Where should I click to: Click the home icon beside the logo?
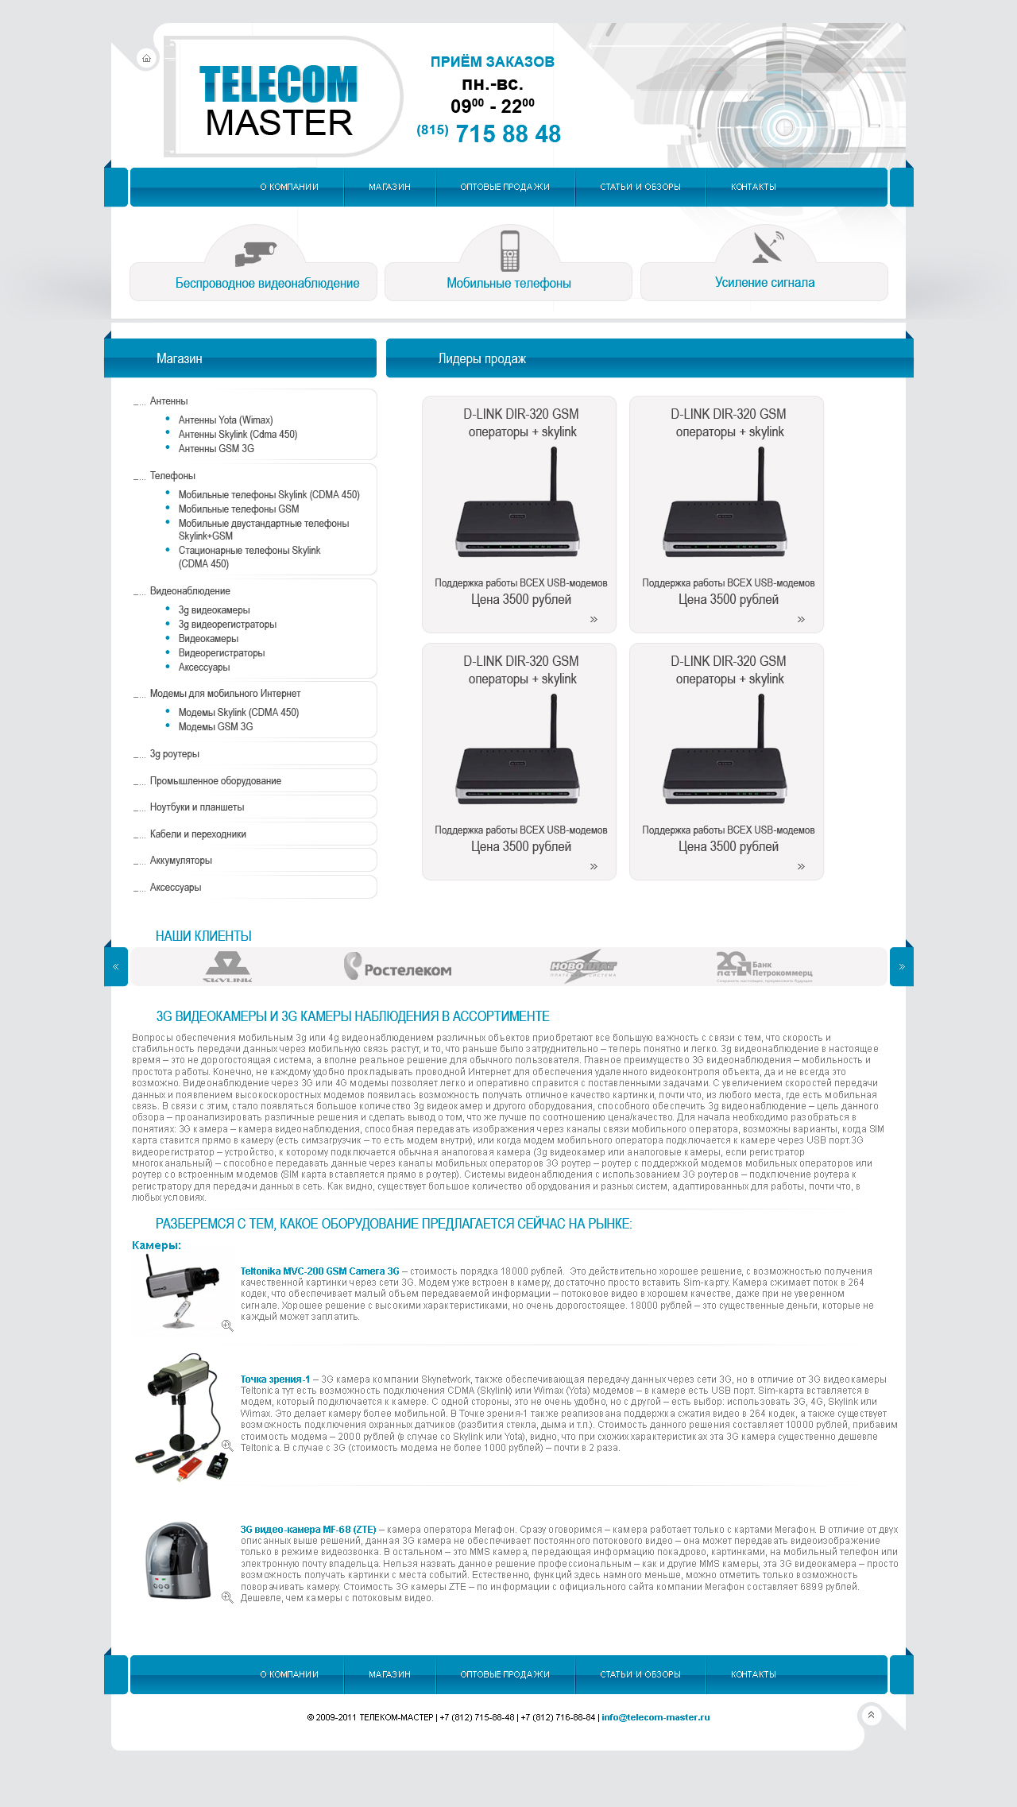tap(146, 58)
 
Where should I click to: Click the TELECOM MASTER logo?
tap(278, 101)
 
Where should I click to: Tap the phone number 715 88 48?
tap(508, 133)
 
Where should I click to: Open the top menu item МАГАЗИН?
tap(389, 187)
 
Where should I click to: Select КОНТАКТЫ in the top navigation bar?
tap(753, 187)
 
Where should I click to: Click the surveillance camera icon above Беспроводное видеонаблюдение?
tap(255, 253)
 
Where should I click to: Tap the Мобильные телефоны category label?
tap(508, 284)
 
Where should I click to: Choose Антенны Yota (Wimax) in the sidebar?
tap(226, 420)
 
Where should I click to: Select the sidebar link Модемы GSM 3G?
tap(215, 727)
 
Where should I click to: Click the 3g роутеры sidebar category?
tap(175, 754)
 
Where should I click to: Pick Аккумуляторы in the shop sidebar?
tap(181, 861)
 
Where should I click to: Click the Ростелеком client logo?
tap(397, 967)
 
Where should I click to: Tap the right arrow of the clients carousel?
tap(902, 967)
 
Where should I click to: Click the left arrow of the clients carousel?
tap(116, 967)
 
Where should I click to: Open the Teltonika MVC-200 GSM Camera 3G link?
tap(319, 1271)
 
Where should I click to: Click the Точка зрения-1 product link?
tap(275, 1379)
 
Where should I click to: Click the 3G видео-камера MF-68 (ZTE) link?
tap(308, 1530)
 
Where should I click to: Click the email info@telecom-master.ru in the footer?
tap(655, 1717)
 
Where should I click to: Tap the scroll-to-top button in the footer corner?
tap(871, 1715)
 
